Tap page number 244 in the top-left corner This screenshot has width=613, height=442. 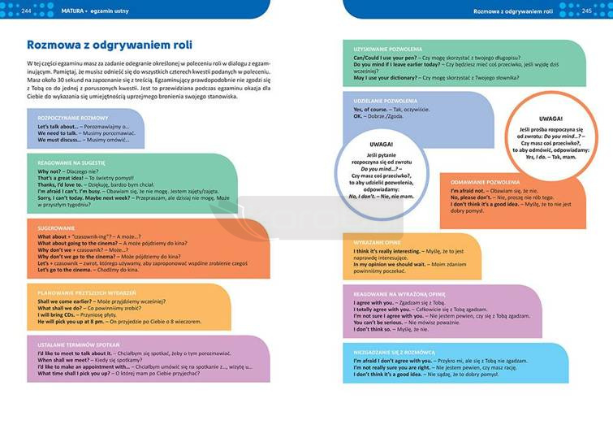pyautogui.click(x=27, y=11)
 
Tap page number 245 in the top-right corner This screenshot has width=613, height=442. pyautogui.click(x=586, y=11)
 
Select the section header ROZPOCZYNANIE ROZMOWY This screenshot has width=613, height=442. pyautogui.click(x=67, y=118)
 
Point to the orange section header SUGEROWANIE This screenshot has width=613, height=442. pyautogui.click(x=55, y=228)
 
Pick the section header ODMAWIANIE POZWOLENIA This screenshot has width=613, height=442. pyautogui.click(x=480, y=182)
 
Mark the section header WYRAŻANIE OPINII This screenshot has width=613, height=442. pyautogui.click(x=378, y=243)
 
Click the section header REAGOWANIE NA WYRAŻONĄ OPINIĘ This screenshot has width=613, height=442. pyautogui.click(x=399, y=294)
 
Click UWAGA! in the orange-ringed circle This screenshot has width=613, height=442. pyautogui.click(x=550, y=119)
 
